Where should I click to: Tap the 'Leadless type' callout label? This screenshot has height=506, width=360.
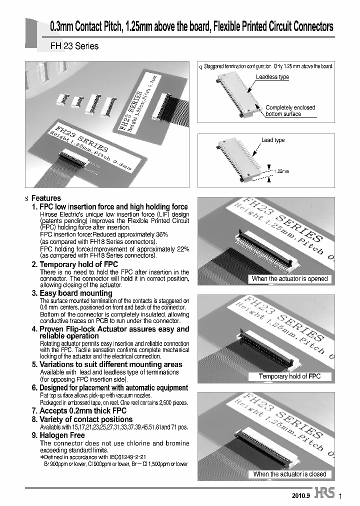(x=272, y=77)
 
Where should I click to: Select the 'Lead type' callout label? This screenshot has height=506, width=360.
(x=273, y=140)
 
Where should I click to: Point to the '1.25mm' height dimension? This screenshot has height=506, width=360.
(x=281, y=171)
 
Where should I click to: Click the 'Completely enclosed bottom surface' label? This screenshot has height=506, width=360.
(x=290, y=110)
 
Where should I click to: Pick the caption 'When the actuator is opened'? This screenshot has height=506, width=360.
(x=289, y=278)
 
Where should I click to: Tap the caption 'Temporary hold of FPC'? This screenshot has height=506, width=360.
(x=289, y=376)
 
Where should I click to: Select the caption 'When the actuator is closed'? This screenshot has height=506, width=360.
(x=289, y=473)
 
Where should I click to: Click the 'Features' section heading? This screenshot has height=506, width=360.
(x=46, y=198)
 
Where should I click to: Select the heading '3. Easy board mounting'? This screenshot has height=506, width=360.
(x=72, y=293)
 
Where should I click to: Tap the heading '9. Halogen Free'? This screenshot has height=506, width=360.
(x=58, y=435)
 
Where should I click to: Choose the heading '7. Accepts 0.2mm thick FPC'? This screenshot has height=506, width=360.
(x=79, y=411)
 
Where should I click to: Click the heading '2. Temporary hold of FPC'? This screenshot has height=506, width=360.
(x=74, y=264)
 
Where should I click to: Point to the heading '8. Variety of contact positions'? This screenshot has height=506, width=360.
(x=82, y=419)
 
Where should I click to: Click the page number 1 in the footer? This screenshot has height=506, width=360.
(x=341, y=496)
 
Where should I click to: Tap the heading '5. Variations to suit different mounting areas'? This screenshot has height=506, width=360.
(x=107, y=364)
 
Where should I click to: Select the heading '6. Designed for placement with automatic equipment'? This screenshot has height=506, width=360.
(x=110, y=387)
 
